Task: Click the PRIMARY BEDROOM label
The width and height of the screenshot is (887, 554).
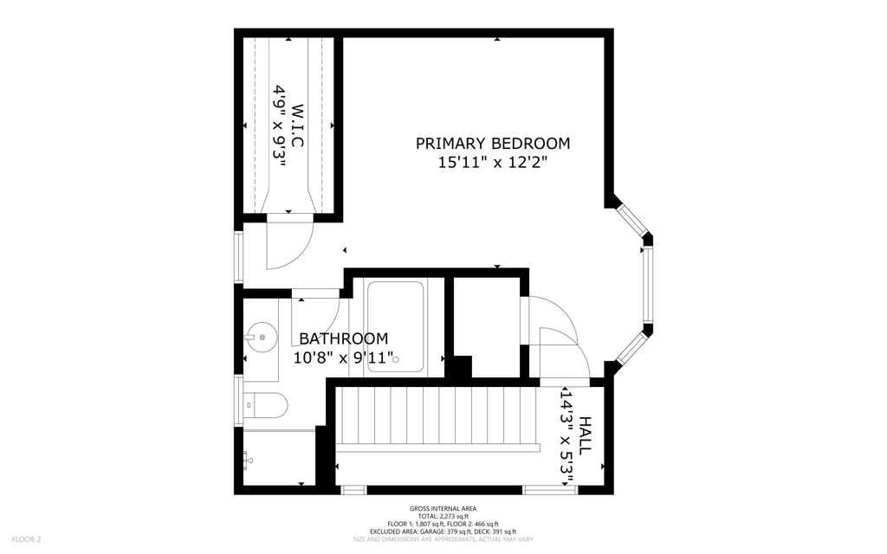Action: tap(493, 144)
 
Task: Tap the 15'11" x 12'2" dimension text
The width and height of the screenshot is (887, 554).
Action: tap(493, 163)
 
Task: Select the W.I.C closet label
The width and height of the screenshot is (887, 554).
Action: tap(297, 126)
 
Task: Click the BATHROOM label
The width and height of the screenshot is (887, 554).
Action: tap(343, 338)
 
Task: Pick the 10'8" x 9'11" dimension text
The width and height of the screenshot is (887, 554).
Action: tap(343, 358)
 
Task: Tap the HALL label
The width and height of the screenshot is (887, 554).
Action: tap(585, 435)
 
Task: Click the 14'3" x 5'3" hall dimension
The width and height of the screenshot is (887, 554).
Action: tap(567, 435)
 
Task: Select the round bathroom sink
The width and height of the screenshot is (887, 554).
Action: tap(262, 338)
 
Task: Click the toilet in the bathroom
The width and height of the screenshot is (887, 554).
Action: tap(265, 405)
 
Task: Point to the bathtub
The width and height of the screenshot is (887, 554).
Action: tap(395, 326)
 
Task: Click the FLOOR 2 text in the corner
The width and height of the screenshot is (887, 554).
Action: tap(27, 539)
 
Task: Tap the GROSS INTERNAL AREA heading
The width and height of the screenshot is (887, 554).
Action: tap(443, 509)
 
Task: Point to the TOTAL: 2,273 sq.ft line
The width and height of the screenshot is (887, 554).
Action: tap(443, 516)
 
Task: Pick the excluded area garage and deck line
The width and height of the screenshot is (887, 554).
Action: tap(443, 531)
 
